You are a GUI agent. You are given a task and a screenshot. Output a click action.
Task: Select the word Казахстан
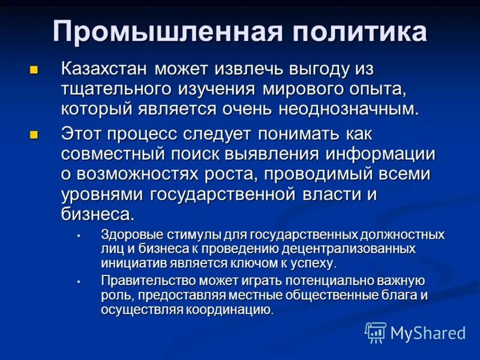pyautogui.click(x=105, y=69)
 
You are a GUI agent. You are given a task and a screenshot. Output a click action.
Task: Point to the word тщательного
pyautogui.click(x=114, y=89)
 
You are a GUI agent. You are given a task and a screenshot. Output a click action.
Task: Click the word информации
pyautogui.click(x=380, y=153)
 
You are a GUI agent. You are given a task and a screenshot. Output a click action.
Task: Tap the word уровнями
pyautogui.click(x=102, y=195)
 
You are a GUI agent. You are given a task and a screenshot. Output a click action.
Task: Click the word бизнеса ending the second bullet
pyautogui.click(x=98, y=215)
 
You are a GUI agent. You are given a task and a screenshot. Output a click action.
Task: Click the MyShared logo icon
pyautogui.click(x=376, y=332)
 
